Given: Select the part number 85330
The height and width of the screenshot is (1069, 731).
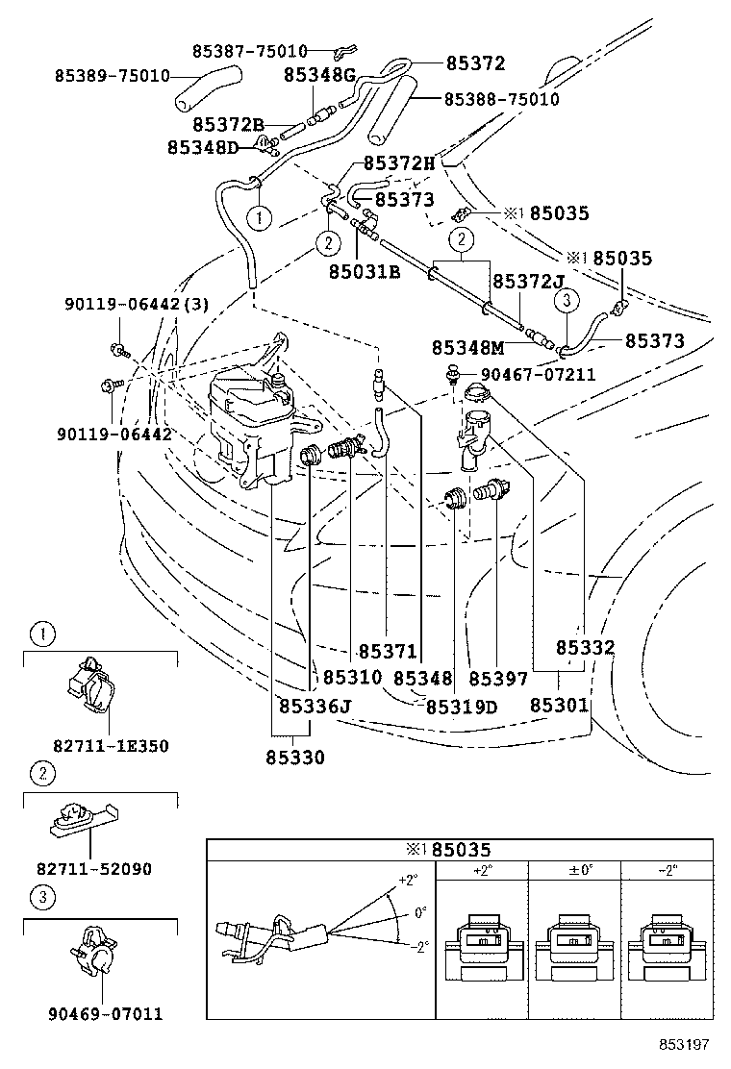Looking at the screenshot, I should click(295, 757).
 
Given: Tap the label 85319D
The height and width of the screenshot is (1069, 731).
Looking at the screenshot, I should click(462, 707).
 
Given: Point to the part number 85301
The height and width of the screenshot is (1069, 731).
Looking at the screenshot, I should click(559, 705).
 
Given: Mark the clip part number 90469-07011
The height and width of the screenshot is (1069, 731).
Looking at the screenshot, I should click(105, 1013).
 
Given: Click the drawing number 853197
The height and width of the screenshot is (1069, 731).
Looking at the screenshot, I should click(685, 1044).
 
